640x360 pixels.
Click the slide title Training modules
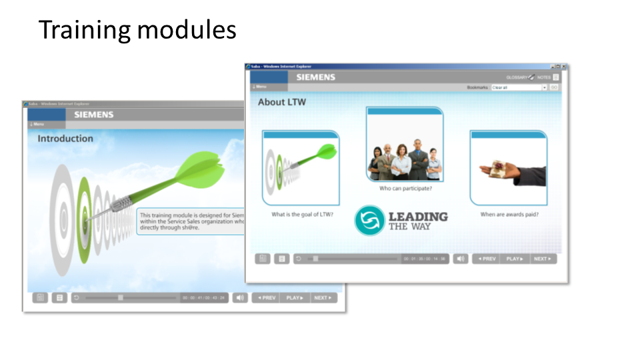coord(137,30)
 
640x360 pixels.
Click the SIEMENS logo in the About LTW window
coord(316,77)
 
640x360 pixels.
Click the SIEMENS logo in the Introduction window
coord(94,115)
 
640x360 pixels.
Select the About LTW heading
coord(282,103)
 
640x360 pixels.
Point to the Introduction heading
coord(65,139)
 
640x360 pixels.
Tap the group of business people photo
coord(404,160)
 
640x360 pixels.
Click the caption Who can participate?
coord(405,189)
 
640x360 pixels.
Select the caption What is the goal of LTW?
coord(302,215)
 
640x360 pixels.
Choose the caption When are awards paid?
coord(509,215)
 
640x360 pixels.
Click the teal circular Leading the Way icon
coord(369,221)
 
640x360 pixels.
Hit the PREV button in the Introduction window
coord(267,298)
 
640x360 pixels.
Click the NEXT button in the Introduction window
coord(323,298)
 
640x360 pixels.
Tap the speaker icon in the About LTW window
coord(460,259)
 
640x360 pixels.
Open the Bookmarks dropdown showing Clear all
coord(519,87)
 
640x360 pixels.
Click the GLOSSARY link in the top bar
coord(520,77)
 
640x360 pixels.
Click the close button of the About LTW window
coord(564,67)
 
